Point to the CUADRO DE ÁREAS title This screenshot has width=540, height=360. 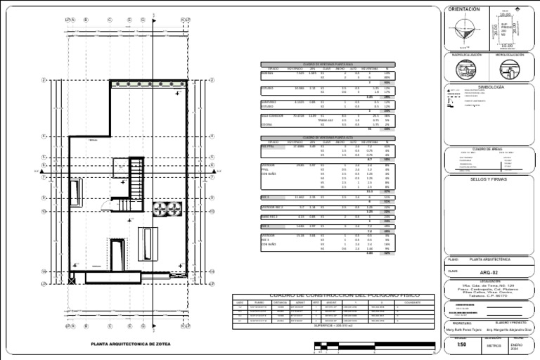[x=487, y=149]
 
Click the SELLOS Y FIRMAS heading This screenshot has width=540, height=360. [x=487, y=179]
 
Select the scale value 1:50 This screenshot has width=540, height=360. [x=461, y=345]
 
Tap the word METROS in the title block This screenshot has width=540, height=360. [x=493, y=345]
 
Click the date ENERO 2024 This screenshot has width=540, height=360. [x=517, y=345]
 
